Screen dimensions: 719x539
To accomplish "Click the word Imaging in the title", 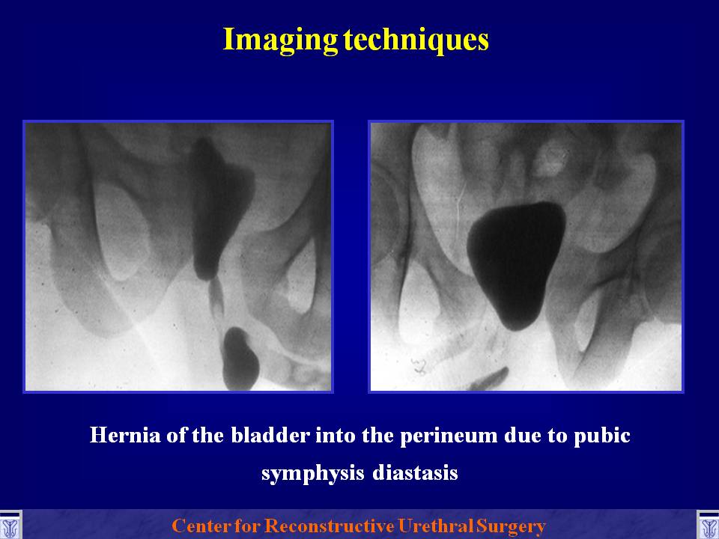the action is coord(280,40).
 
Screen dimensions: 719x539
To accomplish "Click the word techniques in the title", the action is coord(416,40).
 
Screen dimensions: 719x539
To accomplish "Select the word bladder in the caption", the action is coord(270,434).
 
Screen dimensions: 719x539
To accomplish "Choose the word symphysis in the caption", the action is coord(313,473).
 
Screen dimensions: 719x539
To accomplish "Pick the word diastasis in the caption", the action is coord(415,472).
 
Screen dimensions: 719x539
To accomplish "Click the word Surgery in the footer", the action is coord(511,526).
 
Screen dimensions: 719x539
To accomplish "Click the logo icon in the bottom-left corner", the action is coord(10,526).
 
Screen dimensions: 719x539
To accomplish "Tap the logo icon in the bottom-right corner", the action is coord(708,526).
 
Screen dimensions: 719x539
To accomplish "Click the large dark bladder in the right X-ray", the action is coord(516,264).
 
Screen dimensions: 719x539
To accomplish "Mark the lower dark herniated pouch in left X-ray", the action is coord(240,359).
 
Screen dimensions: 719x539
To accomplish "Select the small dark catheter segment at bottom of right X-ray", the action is coord(489,380).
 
